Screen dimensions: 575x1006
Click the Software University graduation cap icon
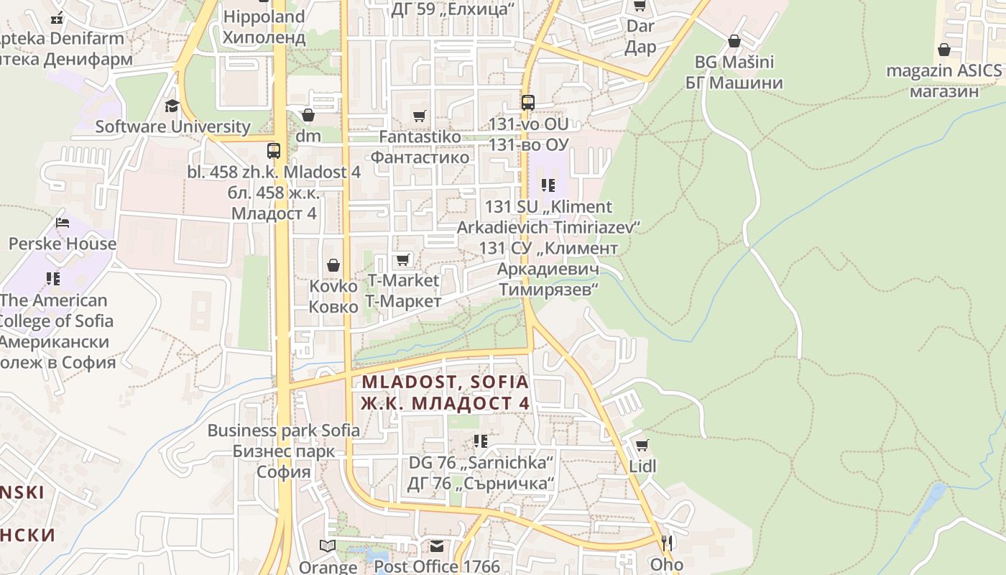(x=172, y=106)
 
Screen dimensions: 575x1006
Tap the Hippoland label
(x=264, y=17)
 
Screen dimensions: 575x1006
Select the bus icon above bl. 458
(x=273, y=150)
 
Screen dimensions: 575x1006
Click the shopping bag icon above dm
(x=308, y=115)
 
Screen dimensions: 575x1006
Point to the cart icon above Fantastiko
(x=420, y=116)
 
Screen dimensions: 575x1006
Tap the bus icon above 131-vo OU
(x=528, y=103)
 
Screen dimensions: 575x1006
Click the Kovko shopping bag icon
(x=333, y=265)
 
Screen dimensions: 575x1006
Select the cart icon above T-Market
(x=403, y=259)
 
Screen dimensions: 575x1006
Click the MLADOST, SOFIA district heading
(x=445, y=382)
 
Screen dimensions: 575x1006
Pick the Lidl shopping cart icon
(x=642, y=445)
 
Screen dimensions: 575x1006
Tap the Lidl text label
(x=642, y=466)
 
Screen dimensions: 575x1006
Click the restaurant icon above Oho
(x=667, y=543)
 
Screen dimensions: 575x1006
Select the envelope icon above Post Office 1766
(x=436, y=546)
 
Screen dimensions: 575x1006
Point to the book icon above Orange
(x=328, y=546)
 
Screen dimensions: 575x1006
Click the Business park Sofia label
(x=284, y=431)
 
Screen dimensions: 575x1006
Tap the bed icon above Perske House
(x=63, y=223)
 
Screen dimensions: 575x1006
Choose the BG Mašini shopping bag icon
(x=734, y=41)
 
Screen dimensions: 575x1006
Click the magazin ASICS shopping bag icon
(x=944, y=50)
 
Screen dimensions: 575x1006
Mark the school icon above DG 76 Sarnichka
(x=481, y=440)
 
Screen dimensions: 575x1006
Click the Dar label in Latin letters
(x=640, y=27)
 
